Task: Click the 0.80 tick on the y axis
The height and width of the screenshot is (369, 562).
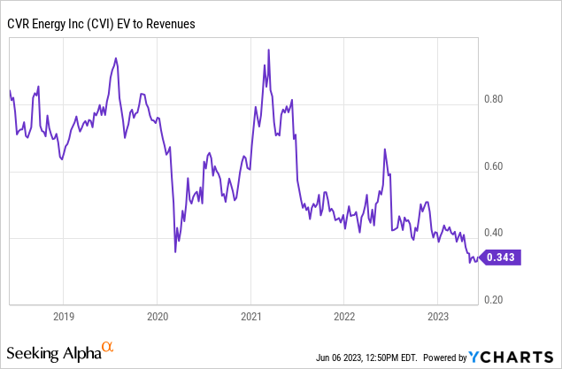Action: (x=493, y=99)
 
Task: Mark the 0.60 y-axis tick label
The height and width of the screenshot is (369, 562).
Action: (x=493, y=166)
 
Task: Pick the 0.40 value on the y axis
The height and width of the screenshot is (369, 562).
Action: (x=493, y=234)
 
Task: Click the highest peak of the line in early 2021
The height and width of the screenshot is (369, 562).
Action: (x=267, y=50)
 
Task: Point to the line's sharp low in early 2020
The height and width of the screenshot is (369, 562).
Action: (x=175, y=251)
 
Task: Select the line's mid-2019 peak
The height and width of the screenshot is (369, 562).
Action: (x=116, y=58)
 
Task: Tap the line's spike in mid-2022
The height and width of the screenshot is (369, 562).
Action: (x=385, y=150)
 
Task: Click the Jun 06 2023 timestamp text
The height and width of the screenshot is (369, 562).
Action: (x=366, y=358)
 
